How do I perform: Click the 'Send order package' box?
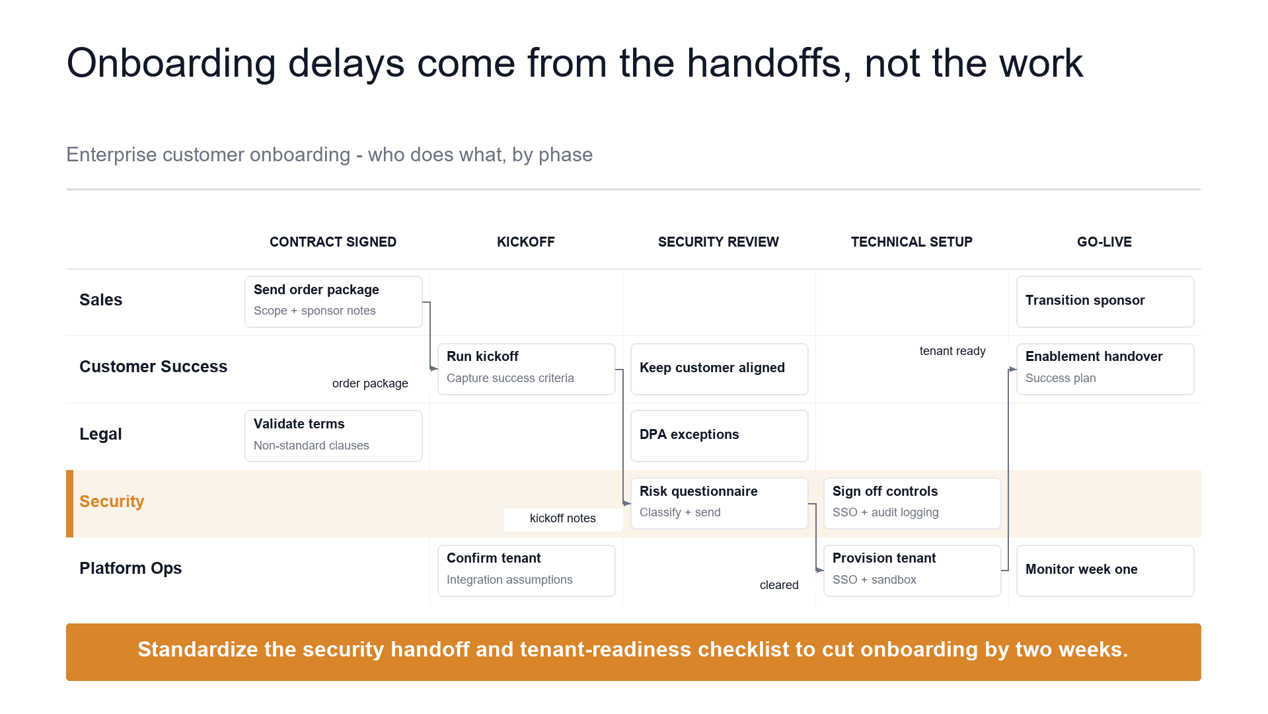tap(334, 301)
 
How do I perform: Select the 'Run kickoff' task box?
tap(527, 369)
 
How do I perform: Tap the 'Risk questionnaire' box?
tap(720, 503)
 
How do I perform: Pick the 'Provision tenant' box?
tap(913, 571)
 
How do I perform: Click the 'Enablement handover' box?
tap(1105, 369)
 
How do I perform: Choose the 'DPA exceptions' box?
tap(720, 436)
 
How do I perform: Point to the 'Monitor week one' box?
tap(1105, 571)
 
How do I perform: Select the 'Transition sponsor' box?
tap(1105, 301)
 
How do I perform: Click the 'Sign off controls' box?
tap(913, 503)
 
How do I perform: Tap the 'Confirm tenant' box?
tap(527, 571)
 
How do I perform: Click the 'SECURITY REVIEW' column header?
tap(718, 242)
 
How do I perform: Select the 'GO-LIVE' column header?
tap(1104, 242)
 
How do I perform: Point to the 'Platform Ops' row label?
tap(130, 569)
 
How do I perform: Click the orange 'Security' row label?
tap(112, 501)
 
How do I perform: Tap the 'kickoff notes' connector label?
tap(563, 518)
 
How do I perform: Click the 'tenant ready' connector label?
tap(952, 351)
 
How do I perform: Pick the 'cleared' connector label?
tap(779, 585)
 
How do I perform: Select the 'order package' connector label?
tap(370, 383)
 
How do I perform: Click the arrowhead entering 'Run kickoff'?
tap(434, 368)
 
